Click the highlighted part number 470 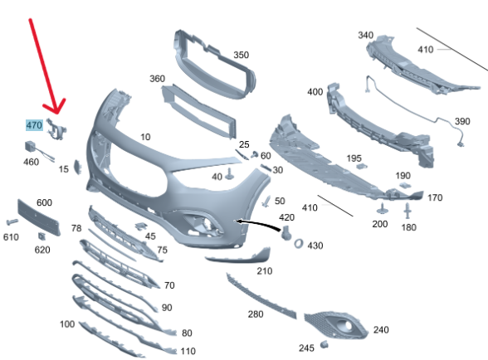[34, 125]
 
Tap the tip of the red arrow [57, 114]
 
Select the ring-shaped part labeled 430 [299, 244]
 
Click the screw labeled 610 [12, 221]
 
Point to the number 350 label [241, 55]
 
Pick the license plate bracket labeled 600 [38, 217]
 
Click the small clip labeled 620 [41, 236]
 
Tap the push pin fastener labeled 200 [382, 209]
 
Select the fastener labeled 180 [407, 211]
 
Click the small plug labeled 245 [325, 343]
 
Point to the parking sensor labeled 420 [286, 233]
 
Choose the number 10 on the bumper [145, 137]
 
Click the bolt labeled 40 [230, 174]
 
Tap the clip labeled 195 [361, 167]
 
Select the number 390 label [462, 121]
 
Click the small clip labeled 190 [405, 186]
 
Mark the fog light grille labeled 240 [336, 324]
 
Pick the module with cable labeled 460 [37, 150]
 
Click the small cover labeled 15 [77, 167]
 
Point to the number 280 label [256, 314]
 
